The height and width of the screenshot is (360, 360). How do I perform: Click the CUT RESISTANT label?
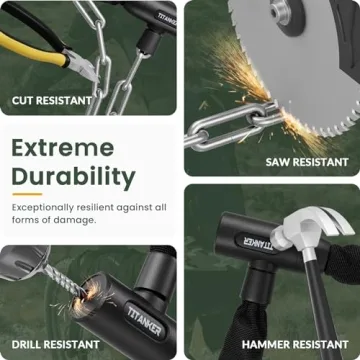51,100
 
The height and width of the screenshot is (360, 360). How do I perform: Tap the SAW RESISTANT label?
307,160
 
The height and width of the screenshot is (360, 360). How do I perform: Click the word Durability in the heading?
73,178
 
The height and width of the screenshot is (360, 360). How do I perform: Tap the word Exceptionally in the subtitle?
46,207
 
